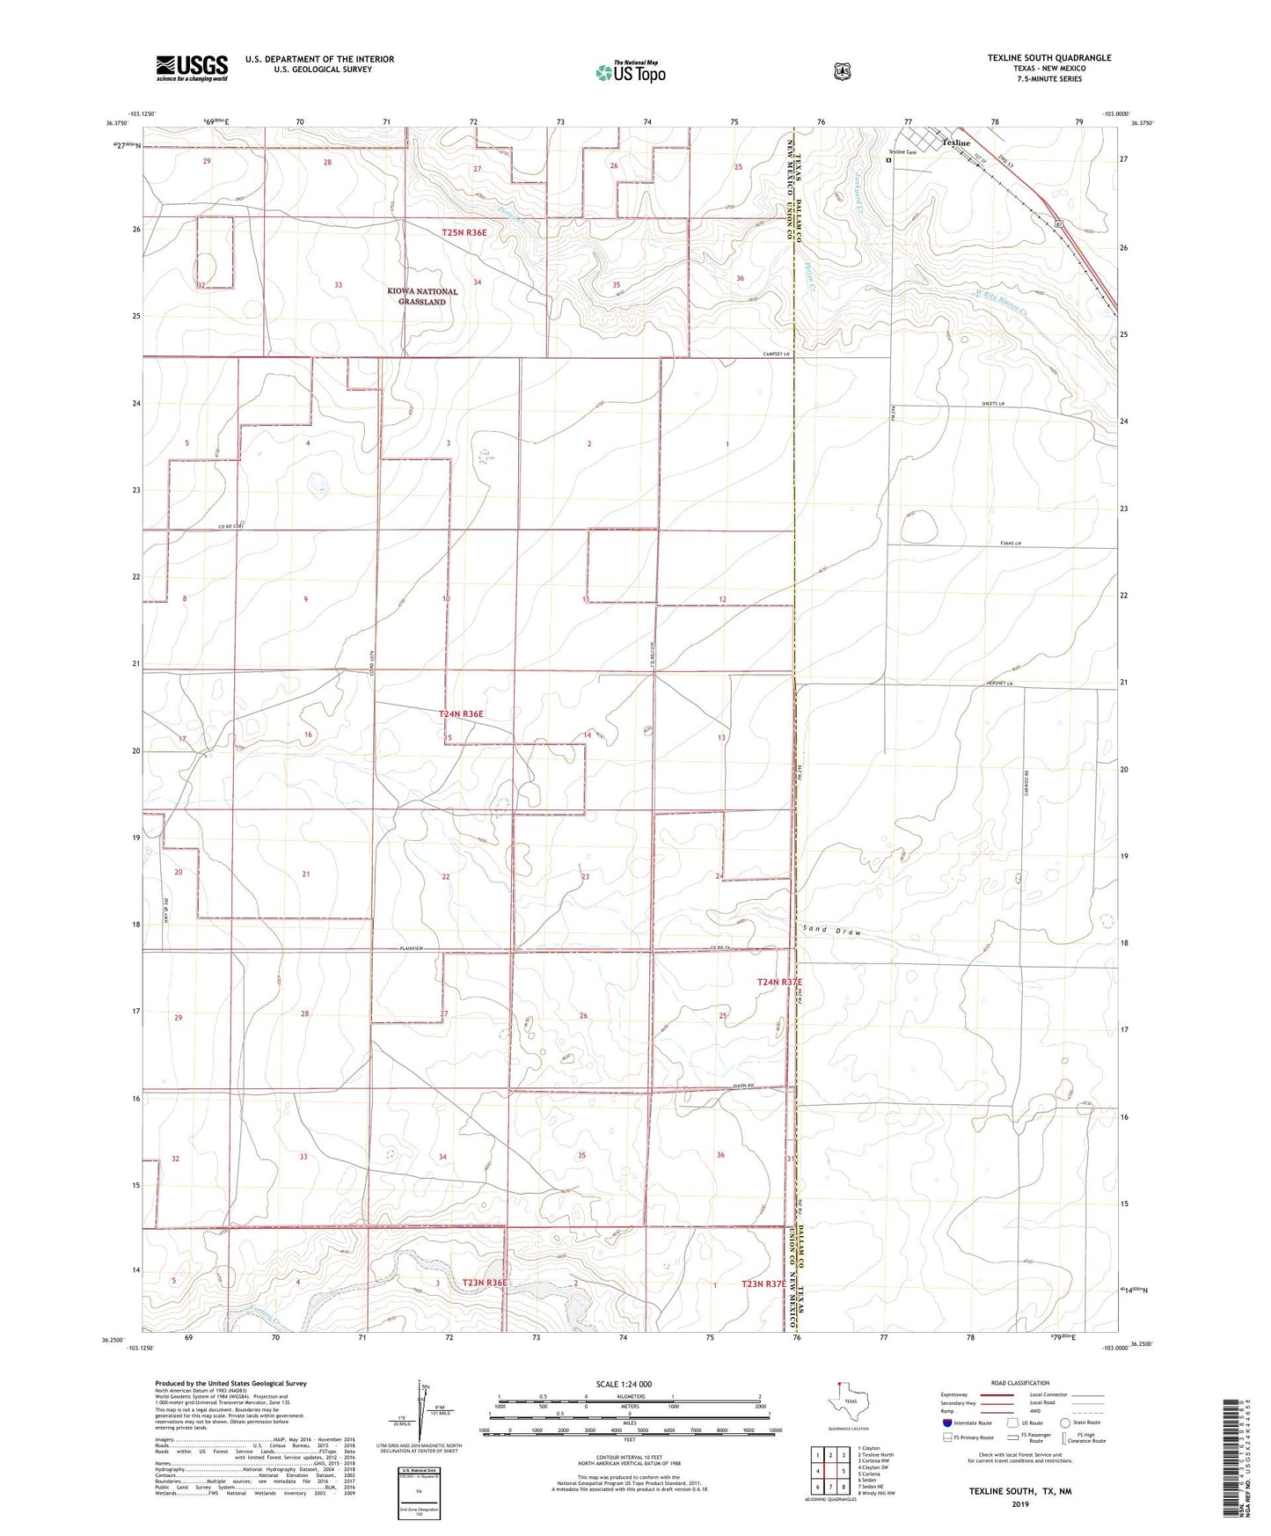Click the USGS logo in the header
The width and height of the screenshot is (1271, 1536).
click(192, 67)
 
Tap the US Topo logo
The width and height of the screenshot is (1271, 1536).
click(629, 72)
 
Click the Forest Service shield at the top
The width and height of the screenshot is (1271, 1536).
click(842, 70)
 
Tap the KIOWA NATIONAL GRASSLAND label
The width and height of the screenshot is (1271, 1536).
click(422, 296)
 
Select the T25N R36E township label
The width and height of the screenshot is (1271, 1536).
click(464, 232)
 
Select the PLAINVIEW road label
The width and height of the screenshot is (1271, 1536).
click(411, 947)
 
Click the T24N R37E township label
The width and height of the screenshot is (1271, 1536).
click(778, 981)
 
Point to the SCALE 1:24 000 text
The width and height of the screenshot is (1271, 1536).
click(624, 1384)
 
